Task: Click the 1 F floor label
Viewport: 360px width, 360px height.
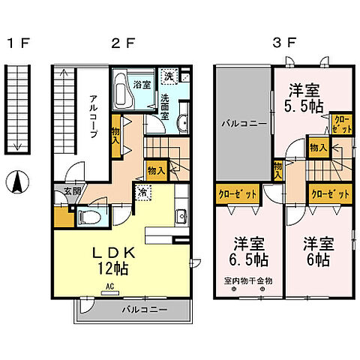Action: [x=17, y=43]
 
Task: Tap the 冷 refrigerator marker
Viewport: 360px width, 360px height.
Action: [x=141, y=192]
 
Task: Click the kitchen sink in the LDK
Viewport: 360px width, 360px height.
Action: [x=181, y=217]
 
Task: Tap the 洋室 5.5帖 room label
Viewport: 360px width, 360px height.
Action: [x=304, y=96]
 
